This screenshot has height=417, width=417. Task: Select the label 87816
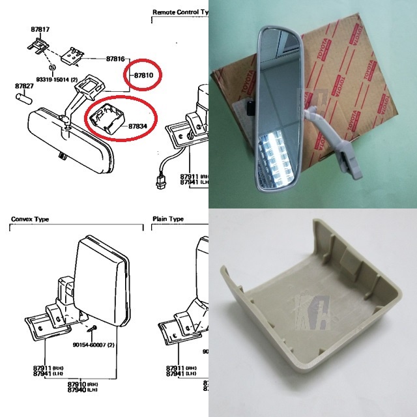(x=115, y=59)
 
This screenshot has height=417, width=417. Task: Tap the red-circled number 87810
(x=143, y=76)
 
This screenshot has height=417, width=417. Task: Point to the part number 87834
(x=136, y=126)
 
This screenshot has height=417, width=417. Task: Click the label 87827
(x=24, y=85)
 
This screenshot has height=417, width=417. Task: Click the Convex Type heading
(x=30, y=220)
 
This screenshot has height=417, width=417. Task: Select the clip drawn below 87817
(x=37, y=46)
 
